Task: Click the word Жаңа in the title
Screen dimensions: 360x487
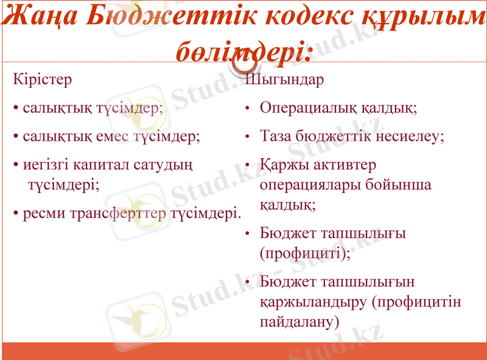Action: pos(40,18)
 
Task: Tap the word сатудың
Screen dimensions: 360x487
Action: pos(165,164)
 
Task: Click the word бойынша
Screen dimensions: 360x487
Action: pos(401,184)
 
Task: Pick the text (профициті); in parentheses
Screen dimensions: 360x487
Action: pos(305,253)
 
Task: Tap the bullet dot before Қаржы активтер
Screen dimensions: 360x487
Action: pos(247,165)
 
